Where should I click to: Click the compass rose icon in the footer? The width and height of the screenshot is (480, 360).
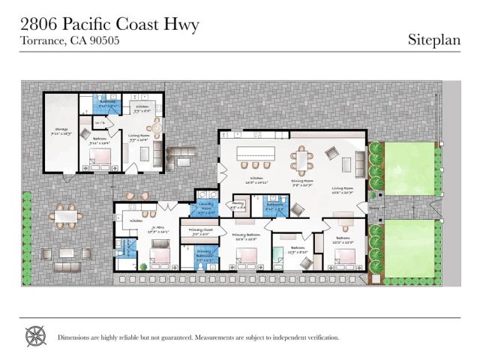click(x=35, y=336)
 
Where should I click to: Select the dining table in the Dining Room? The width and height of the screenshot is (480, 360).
click(x=301, y=158)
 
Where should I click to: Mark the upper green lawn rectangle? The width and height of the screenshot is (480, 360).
click(x=409, y=168)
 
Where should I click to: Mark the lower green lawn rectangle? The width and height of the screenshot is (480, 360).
click(x=409, y=243)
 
